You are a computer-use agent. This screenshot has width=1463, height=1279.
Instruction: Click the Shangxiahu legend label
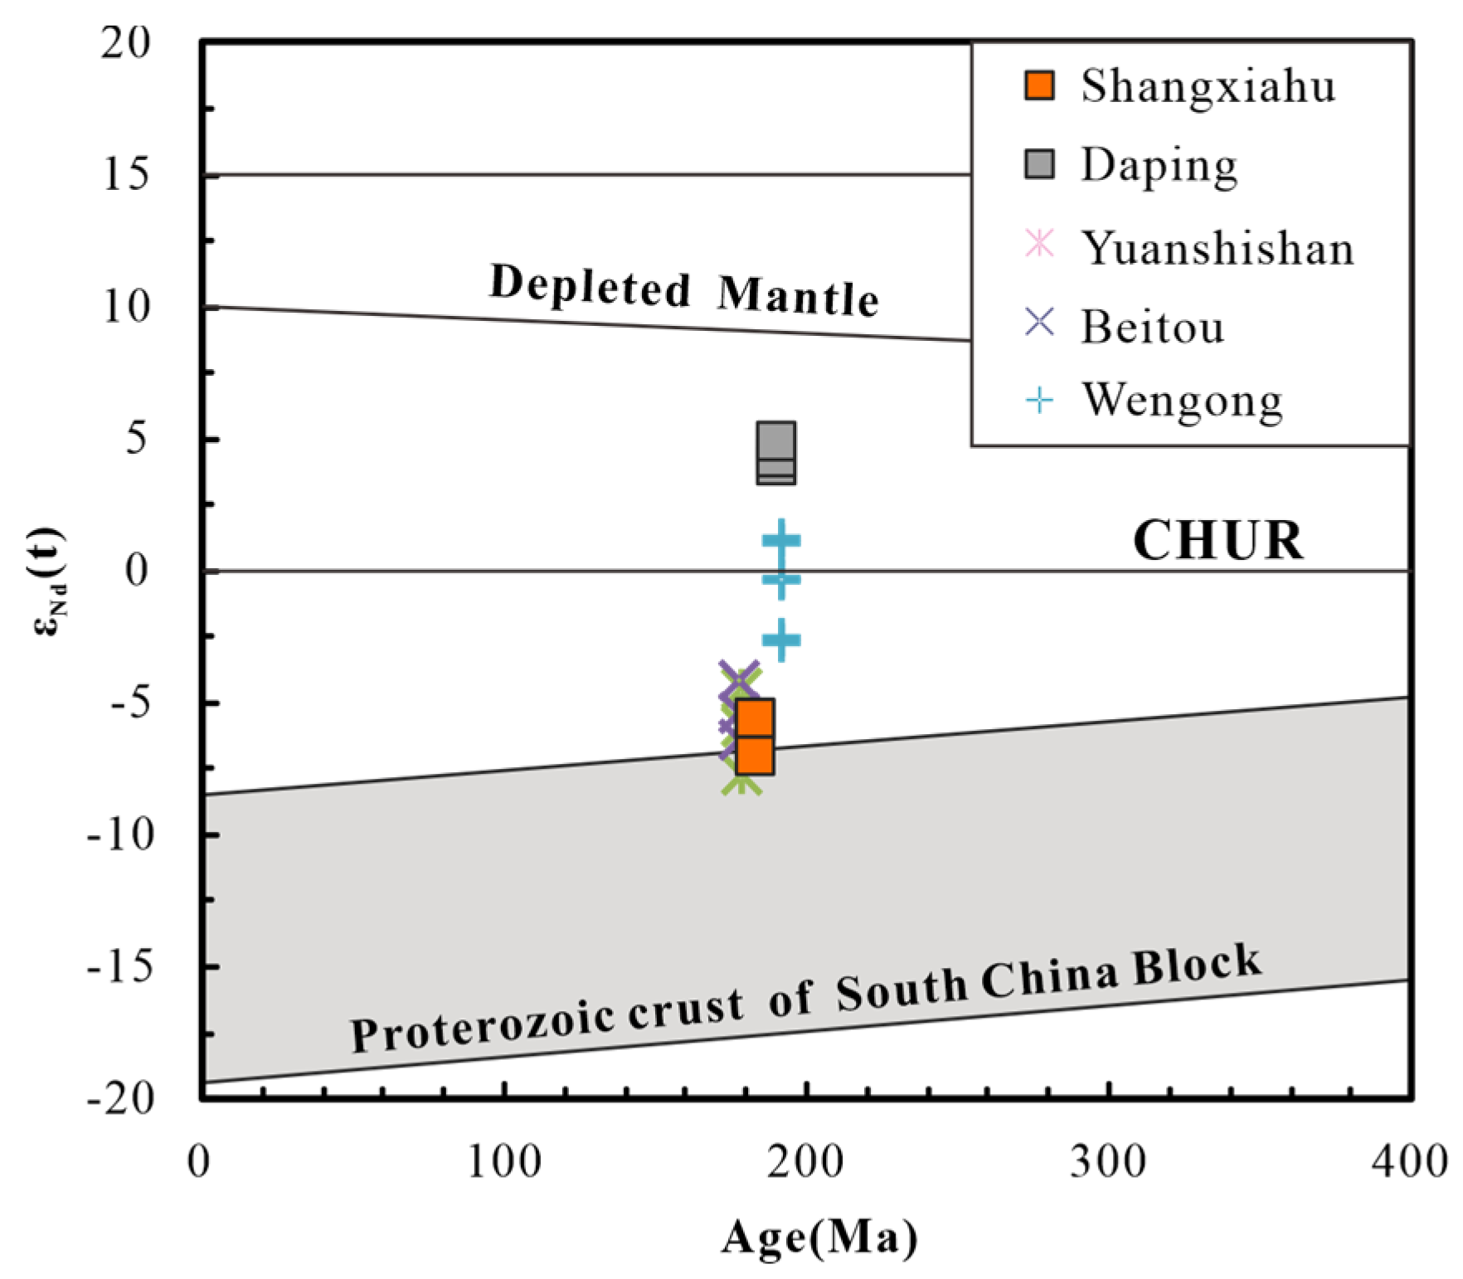pos(1208,86)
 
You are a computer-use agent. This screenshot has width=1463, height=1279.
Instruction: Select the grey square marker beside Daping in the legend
pos(1039,164)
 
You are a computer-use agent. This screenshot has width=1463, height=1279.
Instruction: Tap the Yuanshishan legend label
pos(1217,248)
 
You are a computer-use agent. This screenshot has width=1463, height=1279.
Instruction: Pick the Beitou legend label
pos(1152,327)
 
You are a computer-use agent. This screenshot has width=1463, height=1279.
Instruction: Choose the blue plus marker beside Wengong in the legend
pos(1039,401)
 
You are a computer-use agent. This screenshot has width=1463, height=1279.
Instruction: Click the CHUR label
pos(1218,541)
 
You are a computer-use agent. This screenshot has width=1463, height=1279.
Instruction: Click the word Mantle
pos(798,295)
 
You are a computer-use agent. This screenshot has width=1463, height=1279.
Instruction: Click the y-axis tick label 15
pos(126,174)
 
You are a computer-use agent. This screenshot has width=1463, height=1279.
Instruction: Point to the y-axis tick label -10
pos(121,834)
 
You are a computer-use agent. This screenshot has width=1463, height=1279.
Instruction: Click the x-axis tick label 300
pos(1108,1161)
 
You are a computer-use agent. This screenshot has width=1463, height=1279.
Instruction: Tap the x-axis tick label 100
pos(504,1161)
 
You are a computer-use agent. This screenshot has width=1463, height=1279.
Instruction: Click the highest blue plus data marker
pos(780,541)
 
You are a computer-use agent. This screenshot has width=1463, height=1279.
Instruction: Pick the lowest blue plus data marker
pos(780,639)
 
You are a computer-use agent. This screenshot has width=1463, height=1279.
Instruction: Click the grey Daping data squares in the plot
pos(775,453)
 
